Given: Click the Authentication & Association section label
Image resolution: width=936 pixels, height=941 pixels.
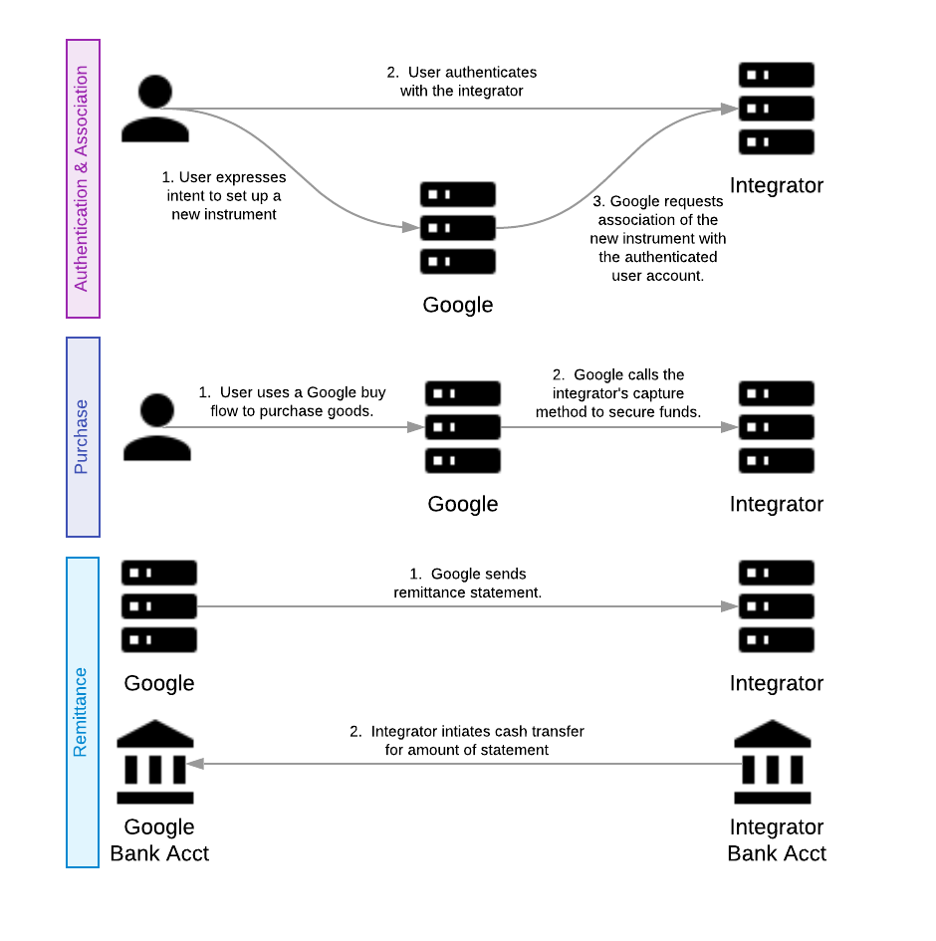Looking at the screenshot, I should (x=83, y=179).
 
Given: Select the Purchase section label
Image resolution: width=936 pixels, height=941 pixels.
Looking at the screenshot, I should (x=83, y=436).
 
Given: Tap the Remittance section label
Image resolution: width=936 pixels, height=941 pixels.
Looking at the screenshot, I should (x=82, y=712).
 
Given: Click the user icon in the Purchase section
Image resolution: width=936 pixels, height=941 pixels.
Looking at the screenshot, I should (x=156, y=426).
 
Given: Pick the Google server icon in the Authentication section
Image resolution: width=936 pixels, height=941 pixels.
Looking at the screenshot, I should (x=458, y=228).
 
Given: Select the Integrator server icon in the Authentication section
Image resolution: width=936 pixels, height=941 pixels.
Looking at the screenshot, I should (x=777, y=109).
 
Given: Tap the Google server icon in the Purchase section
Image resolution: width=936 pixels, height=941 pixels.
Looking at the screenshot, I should (x=463, y=427).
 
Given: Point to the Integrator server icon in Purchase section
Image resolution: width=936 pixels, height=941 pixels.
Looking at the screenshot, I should (x=777, y=427).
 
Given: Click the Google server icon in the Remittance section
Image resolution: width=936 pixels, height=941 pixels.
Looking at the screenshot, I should (x=159, y=606).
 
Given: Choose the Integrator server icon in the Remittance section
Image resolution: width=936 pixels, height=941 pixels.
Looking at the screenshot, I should (x=777, y=606).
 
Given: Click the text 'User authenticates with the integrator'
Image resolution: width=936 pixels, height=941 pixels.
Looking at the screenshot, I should (x=462, y=82).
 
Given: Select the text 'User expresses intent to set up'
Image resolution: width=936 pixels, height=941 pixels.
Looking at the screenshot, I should (x=224, y=195).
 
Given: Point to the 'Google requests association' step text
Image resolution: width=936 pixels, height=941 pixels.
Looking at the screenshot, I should (x=658, y=238).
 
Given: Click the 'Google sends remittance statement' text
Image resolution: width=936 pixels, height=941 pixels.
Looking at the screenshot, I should (x=468, y=583).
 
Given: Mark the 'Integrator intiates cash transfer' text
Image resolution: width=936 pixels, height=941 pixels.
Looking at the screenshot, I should (x=467, y=740).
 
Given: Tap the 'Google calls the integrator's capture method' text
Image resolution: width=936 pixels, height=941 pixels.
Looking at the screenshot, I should (x=618, y=393).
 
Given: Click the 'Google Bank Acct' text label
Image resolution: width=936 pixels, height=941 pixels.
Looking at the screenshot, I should (x=159, y=839).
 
